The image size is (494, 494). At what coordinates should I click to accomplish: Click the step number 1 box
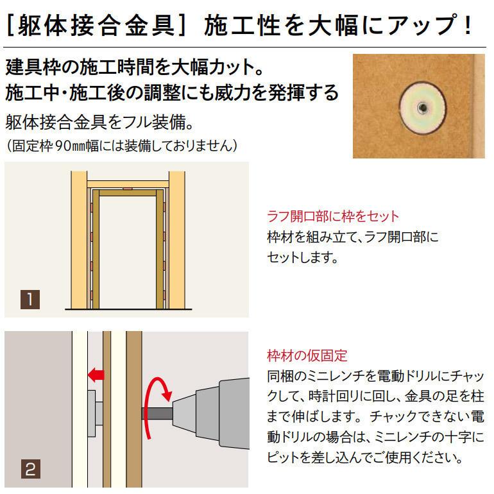point(30,300)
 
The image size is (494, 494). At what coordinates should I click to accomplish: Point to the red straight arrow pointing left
point(96,373)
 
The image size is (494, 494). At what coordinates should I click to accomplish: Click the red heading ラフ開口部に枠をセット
point(332,216)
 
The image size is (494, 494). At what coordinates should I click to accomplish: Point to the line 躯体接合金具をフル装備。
point(99,121)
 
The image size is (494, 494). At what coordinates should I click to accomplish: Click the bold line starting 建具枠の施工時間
point(134,66)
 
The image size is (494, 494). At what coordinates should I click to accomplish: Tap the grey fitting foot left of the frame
point(92,407)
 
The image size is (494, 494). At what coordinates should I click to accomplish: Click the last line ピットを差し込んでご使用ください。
point(364,459)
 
